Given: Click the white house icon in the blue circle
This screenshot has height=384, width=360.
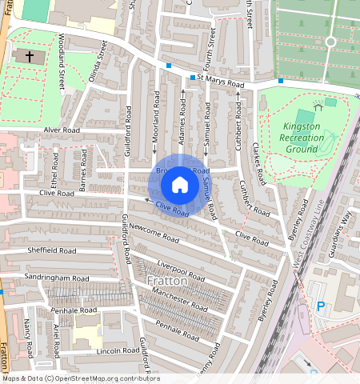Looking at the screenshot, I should coord(180,185).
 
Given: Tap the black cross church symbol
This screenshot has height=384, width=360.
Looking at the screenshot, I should coord(30,57).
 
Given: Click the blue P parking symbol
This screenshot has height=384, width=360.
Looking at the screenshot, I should coord(322,305).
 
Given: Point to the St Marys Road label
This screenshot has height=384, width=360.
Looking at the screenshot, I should coord(221,80).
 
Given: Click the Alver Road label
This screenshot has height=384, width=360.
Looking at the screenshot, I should coord(42,129).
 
